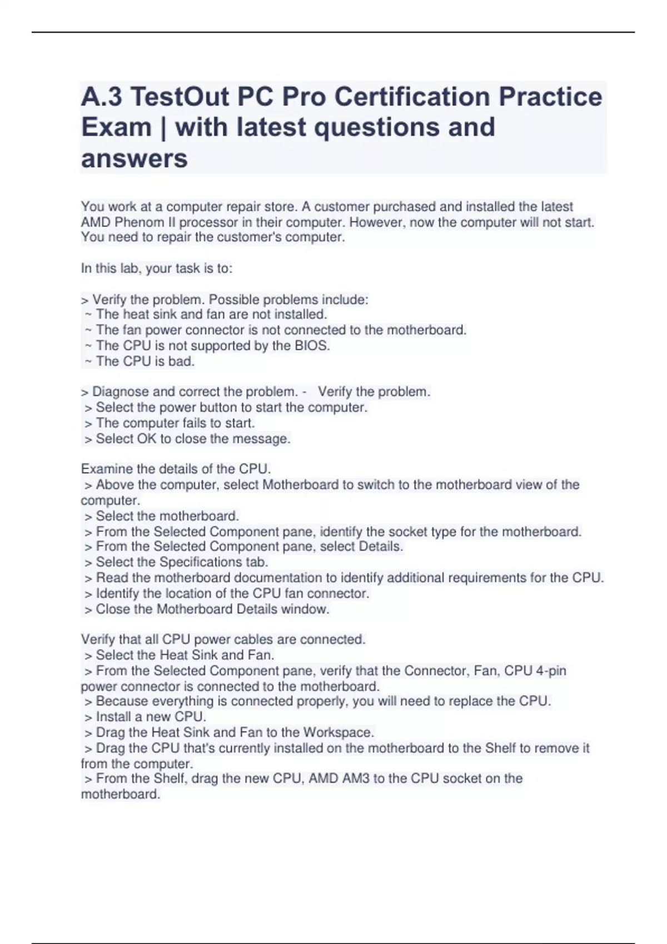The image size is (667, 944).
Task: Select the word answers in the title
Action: [x=135, y=159]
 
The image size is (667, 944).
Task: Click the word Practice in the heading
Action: [x=550, y=97]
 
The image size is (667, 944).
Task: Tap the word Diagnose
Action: [x=121, y=392]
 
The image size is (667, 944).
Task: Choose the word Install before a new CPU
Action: [x=114, y=717]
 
